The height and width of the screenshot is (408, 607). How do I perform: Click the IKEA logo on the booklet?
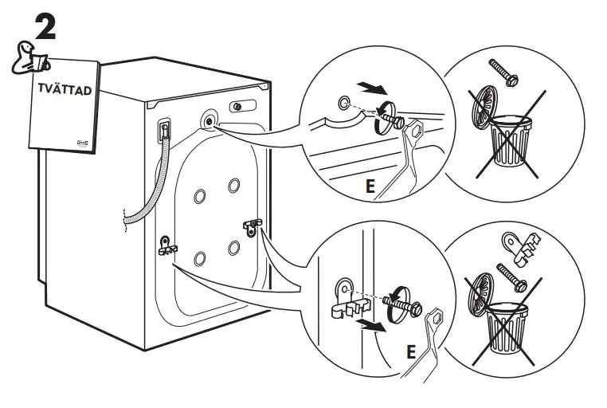point(83,140)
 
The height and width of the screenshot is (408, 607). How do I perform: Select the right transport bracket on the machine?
point(253,227)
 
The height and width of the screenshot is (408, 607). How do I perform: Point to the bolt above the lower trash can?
point(510,276)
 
